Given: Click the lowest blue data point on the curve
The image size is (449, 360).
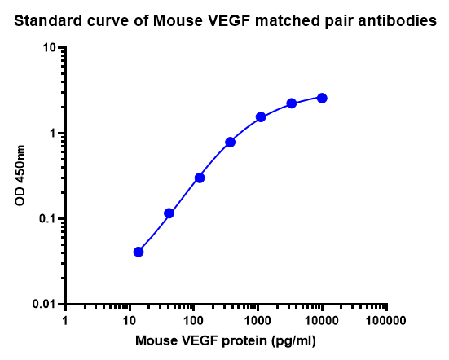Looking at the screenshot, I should [139, 252].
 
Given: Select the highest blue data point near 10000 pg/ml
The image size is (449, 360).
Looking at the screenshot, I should [322, 98].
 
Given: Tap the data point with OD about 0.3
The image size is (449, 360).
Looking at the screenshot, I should [200, 178].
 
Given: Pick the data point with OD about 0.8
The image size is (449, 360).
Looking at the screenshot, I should [231, 142].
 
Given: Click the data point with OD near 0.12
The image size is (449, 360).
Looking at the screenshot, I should [169, 213].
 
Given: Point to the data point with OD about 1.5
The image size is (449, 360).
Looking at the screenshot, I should [261, 117].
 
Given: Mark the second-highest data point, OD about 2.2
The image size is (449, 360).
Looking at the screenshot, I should [292, 103].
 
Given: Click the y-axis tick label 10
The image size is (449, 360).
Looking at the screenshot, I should [49, 48].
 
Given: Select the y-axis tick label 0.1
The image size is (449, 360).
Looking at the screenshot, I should [46, 219].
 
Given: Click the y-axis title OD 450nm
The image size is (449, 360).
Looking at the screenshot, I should [20, 175].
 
